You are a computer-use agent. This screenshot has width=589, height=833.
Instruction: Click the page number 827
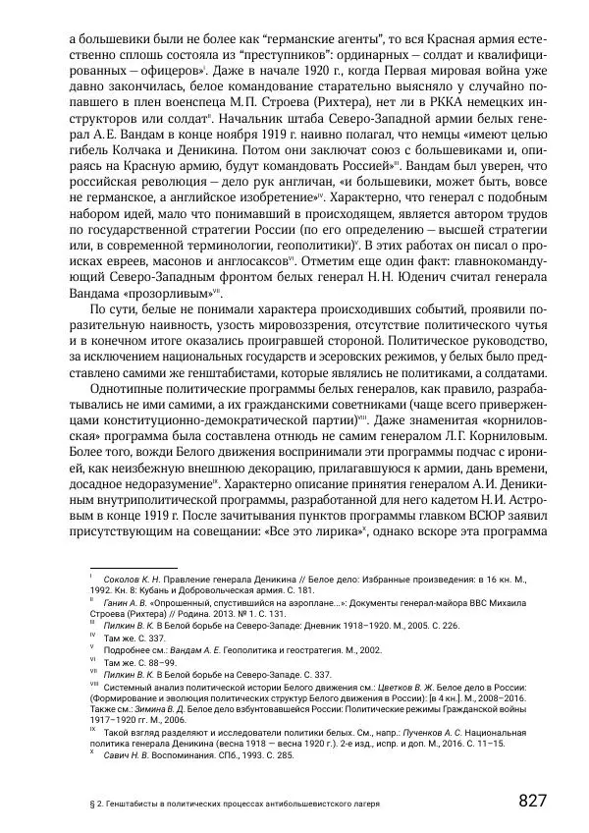pos(532,800)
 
